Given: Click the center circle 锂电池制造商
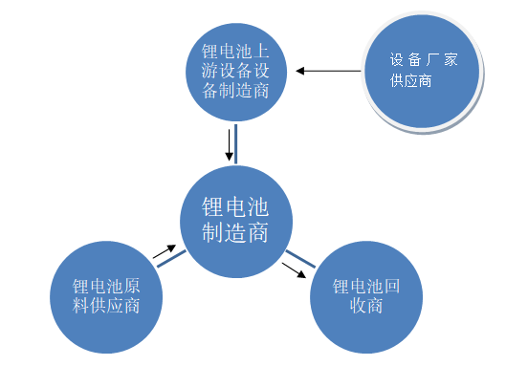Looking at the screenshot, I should click(235, 221).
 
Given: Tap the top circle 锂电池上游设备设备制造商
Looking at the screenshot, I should click(235, 70).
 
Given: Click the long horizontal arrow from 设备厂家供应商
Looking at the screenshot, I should click(329, 70).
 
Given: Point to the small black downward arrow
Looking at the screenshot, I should click(228, 145).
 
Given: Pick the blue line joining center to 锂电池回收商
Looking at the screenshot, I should click(302, 258).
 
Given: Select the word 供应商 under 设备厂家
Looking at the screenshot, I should click(411, 81).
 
